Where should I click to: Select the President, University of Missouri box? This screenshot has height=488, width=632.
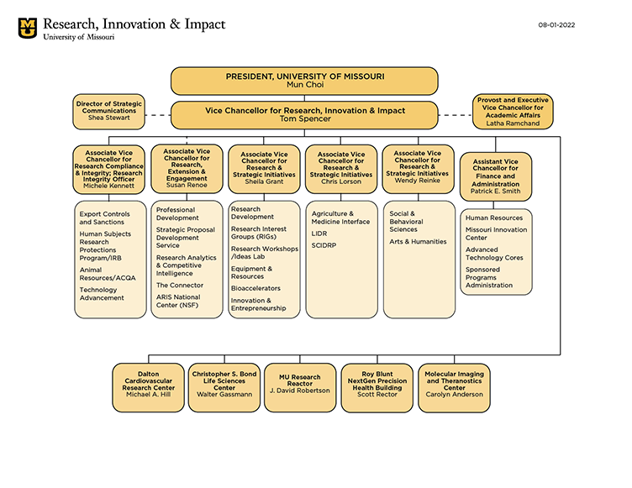point(304,81)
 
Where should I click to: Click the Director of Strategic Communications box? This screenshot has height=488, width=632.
point(109,112)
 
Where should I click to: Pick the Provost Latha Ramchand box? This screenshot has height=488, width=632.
point(512,112)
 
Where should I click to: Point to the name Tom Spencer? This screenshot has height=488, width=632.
point(304,119)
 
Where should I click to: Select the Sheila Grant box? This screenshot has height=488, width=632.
point(265,168)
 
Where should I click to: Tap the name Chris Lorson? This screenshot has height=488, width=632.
point(340,181)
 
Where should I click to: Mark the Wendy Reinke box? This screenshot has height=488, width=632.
point(418,167)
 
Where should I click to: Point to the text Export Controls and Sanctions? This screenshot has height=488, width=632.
point(104,218)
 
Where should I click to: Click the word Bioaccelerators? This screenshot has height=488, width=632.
point(255,288)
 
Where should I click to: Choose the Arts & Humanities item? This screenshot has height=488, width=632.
point(417,242)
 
